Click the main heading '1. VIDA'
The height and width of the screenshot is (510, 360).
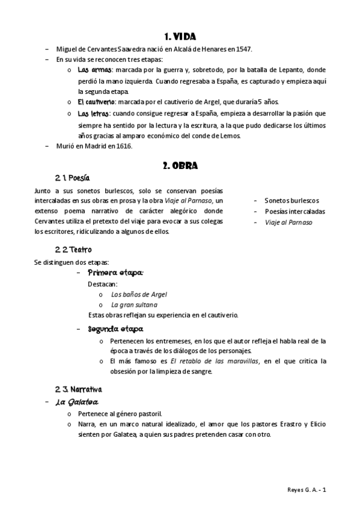[x=180, y=37]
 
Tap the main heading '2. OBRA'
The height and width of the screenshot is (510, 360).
[x=180, y=165]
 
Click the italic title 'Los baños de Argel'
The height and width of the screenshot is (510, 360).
[x=139, y=295]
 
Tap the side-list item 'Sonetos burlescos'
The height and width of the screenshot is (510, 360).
[x=291, y=200]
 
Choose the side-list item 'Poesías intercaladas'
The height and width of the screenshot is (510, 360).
[x=294, y=211]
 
